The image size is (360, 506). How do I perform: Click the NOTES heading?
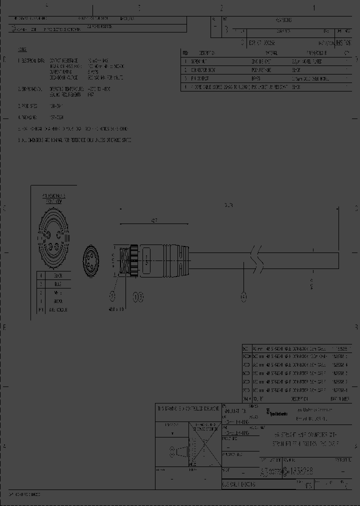[x=23, y=50]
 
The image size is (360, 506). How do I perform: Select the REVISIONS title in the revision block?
[x=283, y=20]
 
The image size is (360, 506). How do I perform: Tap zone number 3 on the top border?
[x=139, y=7]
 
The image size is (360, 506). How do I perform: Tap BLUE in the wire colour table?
[x=58, y=283]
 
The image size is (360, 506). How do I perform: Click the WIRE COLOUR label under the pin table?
[x=59, y=310]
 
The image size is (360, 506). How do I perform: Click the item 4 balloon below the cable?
[x=244, y=298]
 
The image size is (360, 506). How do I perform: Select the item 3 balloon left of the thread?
[x=112, y=297]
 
